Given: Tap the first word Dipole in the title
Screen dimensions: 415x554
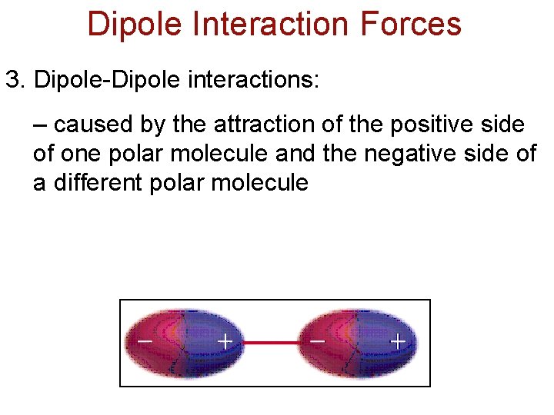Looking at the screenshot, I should point(133,24).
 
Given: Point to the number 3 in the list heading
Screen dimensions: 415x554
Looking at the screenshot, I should point(12,80).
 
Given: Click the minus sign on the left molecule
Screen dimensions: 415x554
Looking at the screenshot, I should point(143,339).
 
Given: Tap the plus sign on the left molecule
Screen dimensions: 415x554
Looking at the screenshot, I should point(225,340).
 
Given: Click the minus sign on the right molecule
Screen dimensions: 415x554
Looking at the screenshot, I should point(316,339).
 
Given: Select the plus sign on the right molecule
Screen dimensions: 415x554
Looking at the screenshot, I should point(397,340).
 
